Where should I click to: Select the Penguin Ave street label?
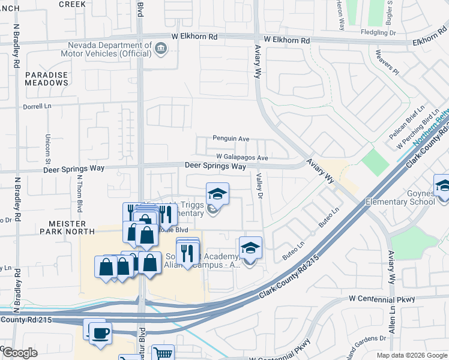click(231, 139)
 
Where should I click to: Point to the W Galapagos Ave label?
click(242, 157)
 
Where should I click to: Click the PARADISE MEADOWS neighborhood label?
click(47, 79)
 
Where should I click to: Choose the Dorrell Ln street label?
click(39, 106)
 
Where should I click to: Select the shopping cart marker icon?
click(162, 353)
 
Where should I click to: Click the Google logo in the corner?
click(19, 353)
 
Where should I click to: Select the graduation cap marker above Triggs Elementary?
click(217, 194)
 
